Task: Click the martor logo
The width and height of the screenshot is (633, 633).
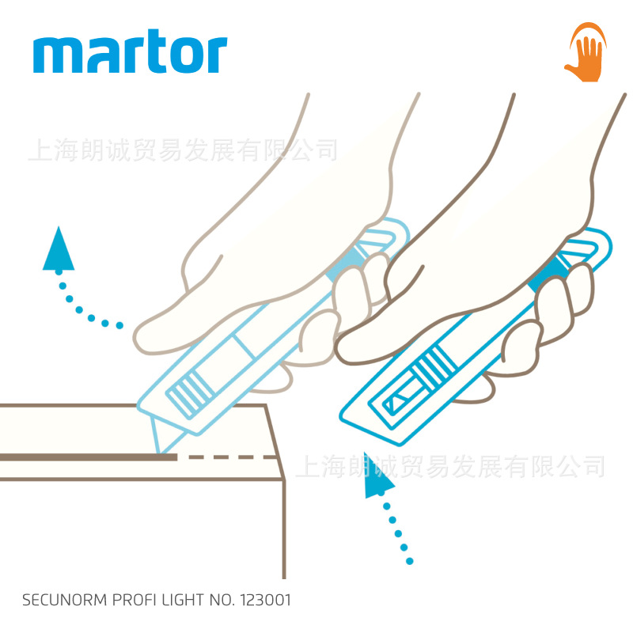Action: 131,53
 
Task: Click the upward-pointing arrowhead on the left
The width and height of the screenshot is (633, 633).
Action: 58,249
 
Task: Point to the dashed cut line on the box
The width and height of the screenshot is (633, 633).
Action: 229,457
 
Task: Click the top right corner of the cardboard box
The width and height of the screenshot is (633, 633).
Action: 264,406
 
